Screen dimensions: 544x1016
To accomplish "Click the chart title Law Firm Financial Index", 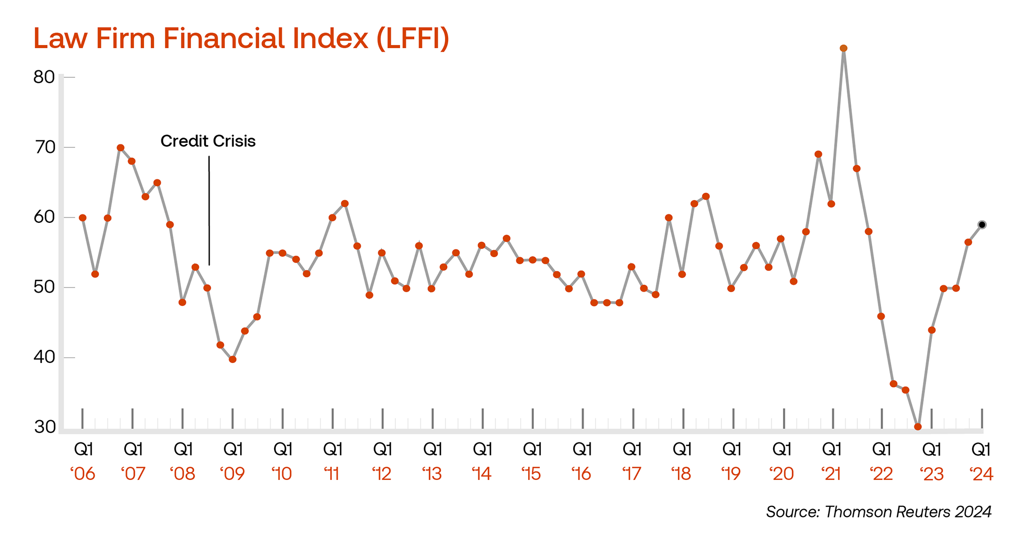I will [x=241, y=39].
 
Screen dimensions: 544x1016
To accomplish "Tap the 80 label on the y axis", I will [x=44, y=77].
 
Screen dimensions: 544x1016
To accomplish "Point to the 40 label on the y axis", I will [x=44, y=357].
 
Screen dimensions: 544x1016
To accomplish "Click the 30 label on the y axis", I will [x=44, y=427].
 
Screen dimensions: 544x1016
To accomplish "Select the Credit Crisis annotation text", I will [x=208, y=141].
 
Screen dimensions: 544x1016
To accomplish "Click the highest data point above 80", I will [x=843, y=48].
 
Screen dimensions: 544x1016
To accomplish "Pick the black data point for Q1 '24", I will [x=982, y=225].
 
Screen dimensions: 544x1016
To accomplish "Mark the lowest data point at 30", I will [x=918, y=427].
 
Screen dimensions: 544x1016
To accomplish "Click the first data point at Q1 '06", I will [x=83, y=218].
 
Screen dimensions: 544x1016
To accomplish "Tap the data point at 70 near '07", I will [x=121, y=148].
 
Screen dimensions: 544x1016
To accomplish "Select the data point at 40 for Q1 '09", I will [x=232, y=359].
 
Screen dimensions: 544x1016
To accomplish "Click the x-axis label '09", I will [x=232, y=474].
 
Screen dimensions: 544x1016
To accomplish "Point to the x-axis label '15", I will [x=531, y=474].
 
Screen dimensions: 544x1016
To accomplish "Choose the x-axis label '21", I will [x=831, y=474].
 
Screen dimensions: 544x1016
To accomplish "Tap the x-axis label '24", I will [x=981, y=474].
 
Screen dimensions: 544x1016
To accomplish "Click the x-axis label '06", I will [x=83, y=474].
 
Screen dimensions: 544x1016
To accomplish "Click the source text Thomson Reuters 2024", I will [x=878, y=512].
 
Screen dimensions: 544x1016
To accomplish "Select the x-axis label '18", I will [x=682, y=474].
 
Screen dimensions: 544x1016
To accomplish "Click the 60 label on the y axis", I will [x=44, y=217].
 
